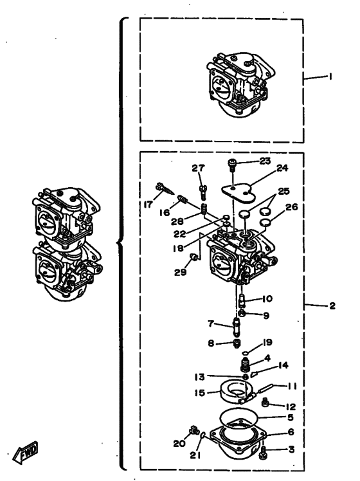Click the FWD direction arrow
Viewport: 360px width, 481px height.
[26, 453]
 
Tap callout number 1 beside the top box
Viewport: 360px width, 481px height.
[330, 76]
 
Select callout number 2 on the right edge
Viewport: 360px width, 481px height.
[332, 306]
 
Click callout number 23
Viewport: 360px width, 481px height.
[265, 161]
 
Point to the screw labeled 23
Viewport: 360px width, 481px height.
[232, 165]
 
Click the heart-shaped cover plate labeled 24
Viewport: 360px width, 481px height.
[239, 193]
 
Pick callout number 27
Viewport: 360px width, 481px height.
[198, 168]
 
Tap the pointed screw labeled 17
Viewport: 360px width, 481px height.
[164, 189]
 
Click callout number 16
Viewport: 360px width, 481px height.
[165, 212]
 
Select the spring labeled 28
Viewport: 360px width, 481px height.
[204, 208]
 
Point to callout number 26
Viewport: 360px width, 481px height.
[292, 207]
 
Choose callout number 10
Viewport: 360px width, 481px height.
[267, 298]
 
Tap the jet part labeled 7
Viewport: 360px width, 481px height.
[237, 327]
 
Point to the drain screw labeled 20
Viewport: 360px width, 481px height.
[194, 430]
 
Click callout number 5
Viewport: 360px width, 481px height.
[291, 417]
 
